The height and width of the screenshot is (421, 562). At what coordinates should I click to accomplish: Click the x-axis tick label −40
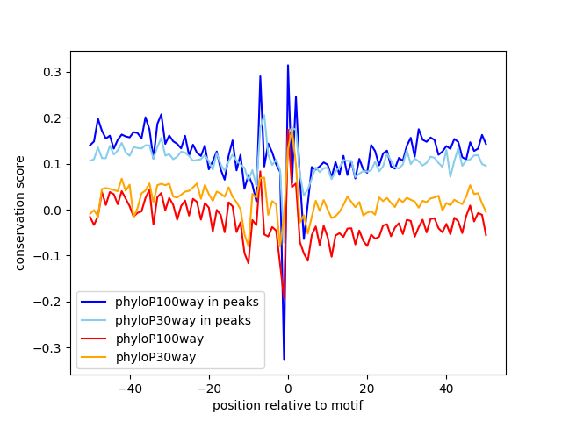(x=129, y=388)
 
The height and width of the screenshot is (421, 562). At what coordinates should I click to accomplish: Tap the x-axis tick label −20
(x=208, y=388)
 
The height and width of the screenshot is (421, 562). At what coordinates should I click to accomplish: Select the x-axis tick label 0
(x=288, y=388)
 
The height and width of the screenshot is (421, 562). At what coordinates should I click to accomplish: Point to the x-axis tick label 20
(x=367, y=388)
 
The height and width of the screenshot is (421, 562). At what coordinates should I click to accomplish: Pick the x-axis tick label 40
(x=446, y=388)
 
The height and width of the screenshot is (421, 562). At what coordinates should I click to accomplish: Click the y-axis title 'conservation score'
(x=20, y=213)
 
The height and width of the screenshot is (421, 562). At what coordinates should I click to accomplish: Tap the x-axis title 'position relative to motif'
(x=287, y=405)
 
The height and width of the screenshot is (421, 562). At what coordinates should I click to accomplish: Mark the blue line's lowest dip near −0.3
(x=284, y=360)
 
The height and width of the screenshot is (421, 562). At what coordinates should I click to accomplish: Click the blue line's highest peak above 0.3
(x=287, y=65)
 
